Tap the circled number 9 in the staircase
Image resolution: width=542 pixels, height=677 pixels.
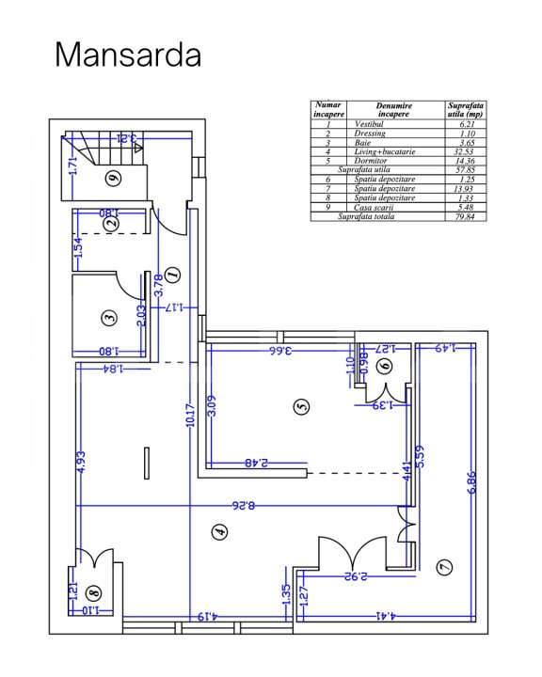112,177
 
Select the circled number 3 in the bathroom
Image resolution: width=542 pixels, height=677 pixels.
109,319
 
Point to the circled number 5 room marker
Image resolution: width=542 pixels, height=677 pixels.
301,406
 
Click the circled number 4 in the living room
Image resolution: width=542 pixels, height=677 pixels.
220,532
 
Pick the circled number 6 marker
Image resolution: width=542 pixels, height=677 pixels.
383,368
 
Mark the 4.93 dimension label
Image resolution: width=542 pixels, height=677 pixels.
81,461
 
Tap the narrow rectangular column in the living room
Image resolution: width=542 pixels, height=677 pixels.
147,464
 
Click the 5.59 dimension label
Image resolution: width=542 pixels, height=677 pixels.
420,457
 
